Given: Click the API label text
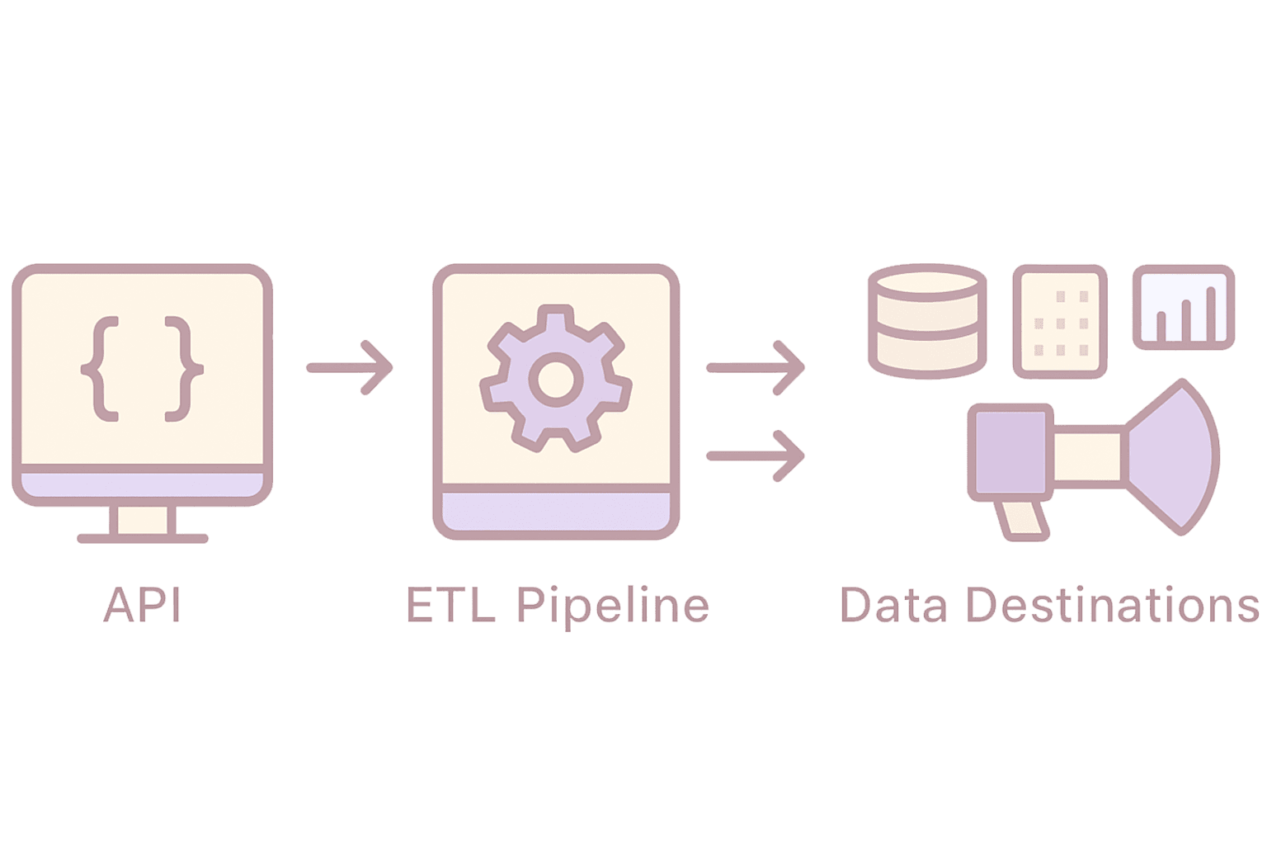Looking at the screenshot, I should [142, 604].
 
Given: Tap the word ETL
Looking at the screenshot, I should [450, 604].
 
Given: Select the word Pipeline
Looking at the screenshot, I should [613, 606].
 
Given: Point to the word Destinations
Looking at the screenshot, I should [1113, 604].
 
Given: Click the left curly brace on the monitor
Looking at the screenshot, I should [97, 368].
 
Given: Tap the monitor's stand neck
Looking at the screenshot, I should [142, 520].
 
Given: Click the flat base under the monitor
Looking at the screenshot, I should [142, 538].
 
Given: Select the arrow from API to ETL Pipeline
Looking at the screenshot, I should [350, 368].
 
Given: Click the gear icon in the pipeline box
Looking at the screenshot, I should [555, 377].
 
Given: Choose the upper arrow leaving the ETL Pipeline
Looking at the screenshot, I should [755, 368].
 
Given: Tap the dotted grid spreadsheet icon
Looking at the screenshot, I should [1059, 321].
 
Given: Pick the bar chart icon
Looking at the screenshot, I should [1183, 306].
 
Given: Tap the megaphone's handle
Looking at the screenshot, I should [1020, 521].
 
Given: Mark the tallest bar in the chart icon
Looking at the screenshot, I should [1209, 314].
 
